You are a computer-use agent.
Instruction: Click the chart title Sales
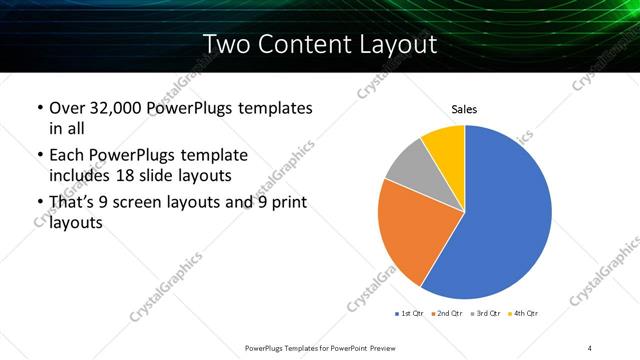click(465, 109)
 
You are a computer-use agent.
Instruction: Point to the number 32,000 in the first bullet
click(115, 107)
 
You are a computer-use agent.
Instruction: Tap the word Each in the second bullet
click(67, 154)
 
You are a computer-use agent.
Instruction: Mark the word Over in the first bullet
click(67, 107)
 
